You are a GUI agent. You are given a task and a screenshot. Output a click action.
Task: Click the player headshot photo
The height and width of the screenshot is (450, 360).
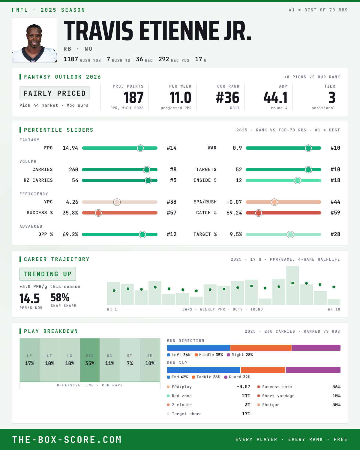(x=34, y=40)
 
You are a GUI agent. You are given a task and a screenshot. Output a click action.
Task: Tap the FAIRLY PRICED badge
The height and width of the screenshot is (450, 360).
(x=55, y=93)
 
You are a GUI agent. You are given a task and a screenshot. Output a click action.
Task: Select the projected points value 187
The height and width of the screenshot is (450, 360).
(x=133, y=98)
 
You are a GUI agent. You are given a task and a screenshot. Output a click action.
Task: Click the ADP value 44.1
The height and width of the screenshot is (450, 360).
(x=275, y=98)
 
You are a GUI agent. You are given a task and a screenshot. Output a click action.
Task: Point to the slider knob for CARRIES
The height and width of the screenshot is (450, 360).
(x=147, y=169)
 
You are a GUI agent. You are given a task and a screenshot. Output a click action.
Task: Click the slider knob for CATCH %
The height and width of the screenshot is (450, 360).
(x=259, y=213)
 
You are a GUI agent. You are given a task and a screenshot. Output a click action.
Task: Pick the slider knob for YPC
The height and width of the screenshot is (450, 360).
(x=117, y=202)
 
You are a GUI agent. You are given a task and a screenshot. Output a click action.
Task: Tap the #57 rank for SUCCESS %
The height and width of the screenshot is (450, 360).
(x=172, y=213)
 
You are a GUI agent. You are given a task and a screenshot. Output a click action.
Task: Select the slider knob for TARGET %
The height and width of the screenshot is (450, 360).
(x=290, y=234)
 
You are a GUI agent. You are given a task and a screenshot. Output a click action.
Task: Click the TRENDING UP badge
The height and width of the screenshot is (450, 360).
(x=48, y=274)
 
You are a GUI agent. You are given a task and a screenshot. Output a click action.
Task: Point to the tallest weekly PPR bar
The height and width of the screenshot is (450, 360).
(x=292, y=285)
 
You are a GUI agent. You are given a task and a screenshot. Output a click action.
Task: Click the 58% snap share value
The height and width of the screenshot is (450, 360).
(x=60, y=297)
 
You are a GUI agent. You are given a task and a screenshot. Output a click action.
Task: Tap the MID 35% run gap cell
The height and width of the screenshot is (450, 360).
(x=90, y=360)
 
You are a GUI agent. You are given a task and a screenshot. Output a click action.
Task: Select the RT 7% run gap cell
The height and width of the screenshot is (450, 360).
(x=130, y=360)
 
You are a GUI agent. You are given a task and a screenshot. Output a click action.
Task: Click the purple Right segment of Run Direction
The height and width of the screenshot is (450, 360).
(x=316, y=348)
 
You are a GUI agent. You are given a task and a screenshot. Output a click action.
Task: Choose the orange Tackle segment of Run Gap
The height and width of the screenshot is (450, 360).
(x=263, y=370)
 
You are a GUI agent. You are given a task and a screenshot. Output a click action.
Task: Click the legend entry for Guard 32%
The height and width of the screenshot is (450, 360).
(x=237, y=377)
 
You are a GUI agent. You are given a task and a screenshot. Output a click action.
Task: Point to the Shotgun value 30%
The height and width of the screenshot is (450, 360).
(x=336, y=405)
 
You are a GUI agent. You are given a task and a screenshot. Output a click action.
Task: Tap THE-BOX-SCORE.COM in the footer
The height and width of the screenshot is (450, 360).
(x=67, y=439)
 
